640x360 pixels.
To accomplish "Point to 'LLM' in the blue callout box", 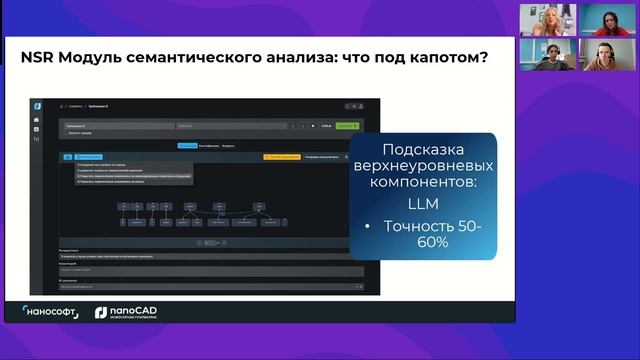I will [x=423, y=204].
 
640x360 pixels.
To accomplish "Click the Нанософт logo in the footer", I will [x=52, y=313].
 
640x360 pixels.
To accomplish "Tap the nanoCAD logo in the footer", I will [x=126, y=313].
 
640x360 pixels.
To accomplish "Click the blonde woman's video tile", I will [x=548, y=19].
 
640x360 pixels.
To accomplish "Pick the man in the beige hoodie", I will [x=548, y=55].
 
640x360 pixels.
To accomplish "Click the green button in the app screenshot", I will [x=346, y=126].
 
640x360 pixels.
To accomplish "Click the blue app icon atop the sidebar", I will [x=37, y=106].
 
